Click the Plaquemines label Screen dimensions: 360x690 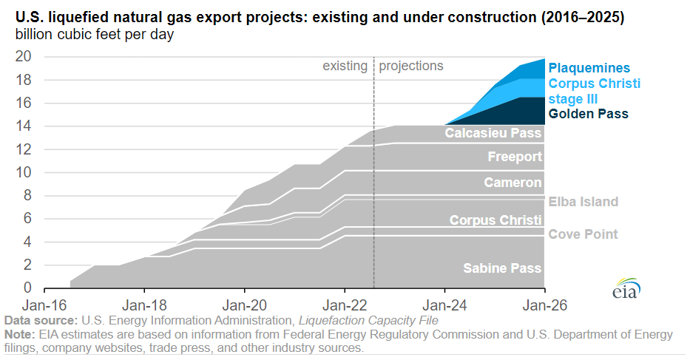[589, 68]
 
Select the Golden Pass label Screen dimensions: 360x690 [589, 114]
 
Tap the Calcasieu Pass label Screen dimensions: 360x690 [493, 134]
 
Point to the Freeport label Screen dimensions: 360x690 [515, 157]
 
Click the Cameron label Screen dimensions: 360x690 [513, 183]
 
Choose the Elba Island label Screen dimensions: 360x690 [583, 202]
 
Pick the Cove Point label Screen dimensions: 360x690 [583, 234]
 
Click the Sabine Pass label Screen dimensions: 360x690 [502, 268]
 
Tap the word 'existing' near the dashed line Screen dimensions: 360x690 [345, 66]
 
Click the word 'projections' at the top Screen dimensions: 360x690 [411, 66]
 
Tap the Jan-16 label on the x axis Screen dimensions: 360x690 [44, 304]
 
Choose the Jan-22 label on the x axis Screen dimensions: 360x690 [345, 304]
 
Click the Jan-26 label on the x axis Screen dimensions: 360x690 [545, 304]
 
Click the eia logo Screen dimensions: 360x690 [626, 291]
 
